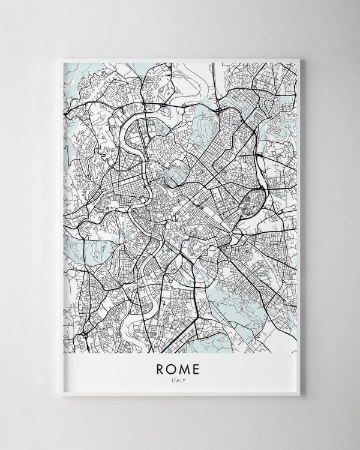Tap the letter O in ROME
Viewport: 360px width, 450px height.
tap(173, 366)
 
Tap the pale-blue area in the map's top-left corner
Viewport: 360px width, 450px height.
tap(75, 75)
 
